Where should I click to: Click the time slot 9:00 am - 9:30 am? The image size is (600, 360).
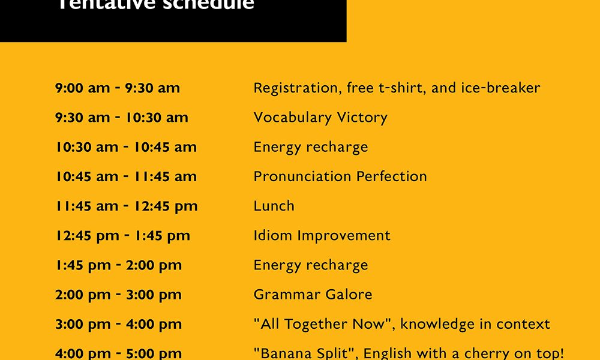[x=118, y=88]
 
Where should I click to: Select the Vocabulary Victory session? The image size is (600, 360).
[x=320, y=118]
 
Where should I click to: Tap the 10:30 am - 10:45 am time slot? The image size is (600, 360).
[x=126, y=147]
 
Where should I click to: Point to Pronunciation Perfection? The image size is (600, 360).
[x=340, y=176]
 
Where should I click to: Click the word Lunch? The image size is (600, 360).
[x=274, y=206]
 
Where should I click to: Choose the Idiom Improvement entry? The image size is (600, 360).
[x=322, y=236]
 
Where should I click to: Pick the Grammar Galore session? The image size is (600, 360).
[x=313, y=295]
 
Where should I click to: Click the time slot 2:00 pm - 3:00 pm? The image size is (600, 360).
[x=118, y=295]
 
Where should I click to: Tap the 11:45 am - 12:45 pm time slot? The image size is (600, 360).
[x=126, y=206]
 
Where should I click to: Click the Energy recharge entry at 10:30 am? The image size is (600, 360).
[x=311, y=147]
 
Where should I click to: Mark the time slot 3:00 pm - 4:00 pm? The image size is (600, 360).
[x=118, y=325]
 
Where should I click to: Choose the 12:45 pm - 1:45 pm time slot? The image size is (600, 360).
[x=122, y=236]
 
